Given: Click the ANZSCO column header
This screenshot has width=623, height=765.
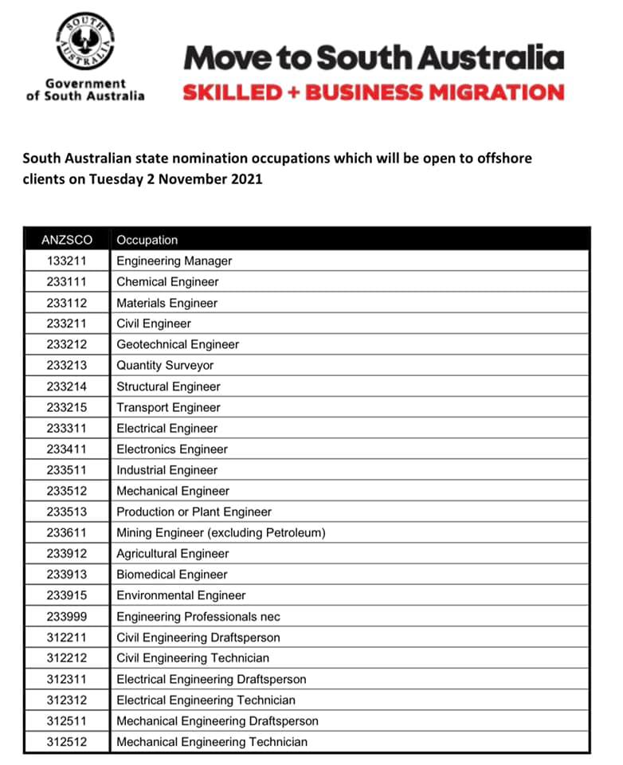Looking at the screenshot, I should pyautogui.click(x=67, y=240).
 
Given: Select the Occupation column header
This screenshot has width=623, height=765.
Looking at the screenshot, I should pyautogui.click(x=147, y=240).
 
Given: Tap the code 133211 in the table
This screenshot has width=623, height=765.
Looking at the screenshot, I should pyautogui.click(x=67, y=261).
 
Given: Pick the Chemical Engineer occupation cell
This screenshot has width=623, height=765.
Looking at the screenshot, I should pyautogui.click(x=167, y=281).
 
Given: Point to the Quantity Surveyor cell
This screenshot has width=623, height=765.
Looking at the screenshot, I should pyautogui.click(x=165, y=365).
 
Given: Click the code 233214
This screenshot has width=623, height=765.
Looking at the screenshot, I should pyautogui.click(x=67, y=386).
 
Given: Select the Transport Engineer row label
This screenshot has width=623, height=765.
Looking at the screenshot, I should pyautogui.click(x=168, y=407).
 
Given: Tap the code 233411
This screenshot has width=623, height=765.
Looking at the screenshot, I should pyautogui.click(x=67, y=449).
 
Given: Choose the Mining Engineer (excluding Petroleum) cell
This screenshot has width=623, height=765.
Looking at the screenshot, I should pyautogui.click(x=221, y=532).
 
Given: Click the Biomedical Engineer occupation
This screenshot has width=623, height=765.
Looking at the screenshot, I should pyautogui.click(x=172, y=575).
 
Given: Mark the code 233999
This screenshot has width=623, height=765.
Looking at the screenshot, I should pyautogui.click(x=67, y=616).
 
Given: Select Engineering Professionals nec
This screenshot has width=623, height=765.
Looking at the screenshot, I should pyautogui.click(x=198, y=616).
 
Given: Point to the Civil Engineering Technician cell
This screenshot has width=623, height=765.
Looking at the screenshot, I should pyautogui.click(x=193, y=658).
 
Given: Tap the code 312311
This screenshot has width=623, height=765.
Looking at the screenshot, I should pyautogui.click(x=67, y=679).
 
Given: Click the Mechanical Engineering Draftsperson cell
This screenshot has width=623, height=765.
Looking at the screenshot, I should pyautogui.click(x=217, y=721).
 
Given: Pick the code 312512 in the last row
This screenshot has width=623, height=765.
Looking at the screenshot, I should pyautogui.click(x=67, y=742).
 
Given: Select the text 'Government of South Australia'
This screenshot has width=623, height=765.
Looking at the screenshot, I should pyautogui.click(x=85, y=89).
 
